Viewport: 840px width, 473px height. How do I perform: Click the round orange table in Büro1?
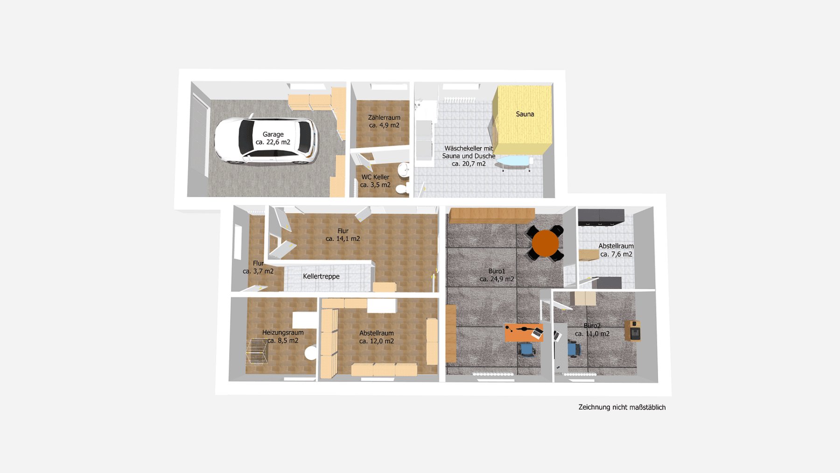[x=545, y=243]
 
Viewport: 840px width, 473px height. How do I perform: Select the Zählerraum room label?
[x=384, y=118]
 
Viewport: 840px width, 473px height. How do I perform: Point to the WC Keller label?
[x=375, y=177]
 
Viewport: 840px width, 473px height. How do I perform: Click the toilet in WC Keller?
[x=401, y=189]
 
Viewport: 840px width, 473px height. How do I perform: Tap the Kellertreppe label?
[x=321, y=276]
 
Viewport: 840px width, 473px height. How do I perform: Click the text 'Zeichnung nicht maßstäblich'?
[x=622, y=407]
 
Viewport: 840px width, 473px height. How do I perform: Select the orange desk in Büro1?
[x=523, y=332]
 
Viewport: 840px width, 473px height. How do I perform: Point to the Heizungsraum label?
[x=283, y=332]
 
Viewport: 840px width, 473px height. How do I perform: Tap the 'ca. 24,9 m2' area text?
[x=497, y=279]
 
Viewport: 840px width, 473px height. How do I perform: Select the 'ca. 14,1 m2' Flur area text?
[x=343, y=239]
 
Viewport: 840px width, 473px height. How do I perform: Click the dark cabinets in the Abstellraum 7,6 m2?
[x=601, y=217]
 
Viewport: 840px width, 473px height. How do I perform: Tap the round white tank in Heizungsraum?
[x=311, y=353]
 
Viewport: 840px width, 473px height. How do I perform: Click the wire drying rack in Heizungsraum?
[x=257, y=351]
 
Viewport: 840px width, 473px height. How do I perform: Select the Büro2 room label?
[x=592, y=326]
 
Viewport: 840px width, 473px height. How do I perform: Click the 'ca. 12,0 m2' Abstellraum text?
[x=376, y=341]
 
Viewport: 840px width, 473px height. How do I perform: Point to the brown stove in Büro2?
[x=633, y=331]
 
